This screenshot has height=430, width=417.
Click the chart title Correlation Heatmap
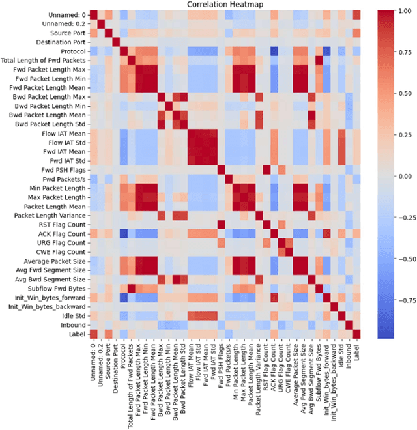(224, 5)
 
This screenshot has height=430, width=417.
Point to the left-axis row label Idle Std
(71, 315)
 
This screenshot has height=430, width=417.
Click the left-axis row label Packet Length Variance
(46, 216)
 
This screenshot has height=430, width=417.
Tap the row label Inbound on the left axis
(71, 324)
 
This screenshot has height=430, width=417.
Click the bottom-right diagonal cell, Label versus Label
(356, 334)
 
